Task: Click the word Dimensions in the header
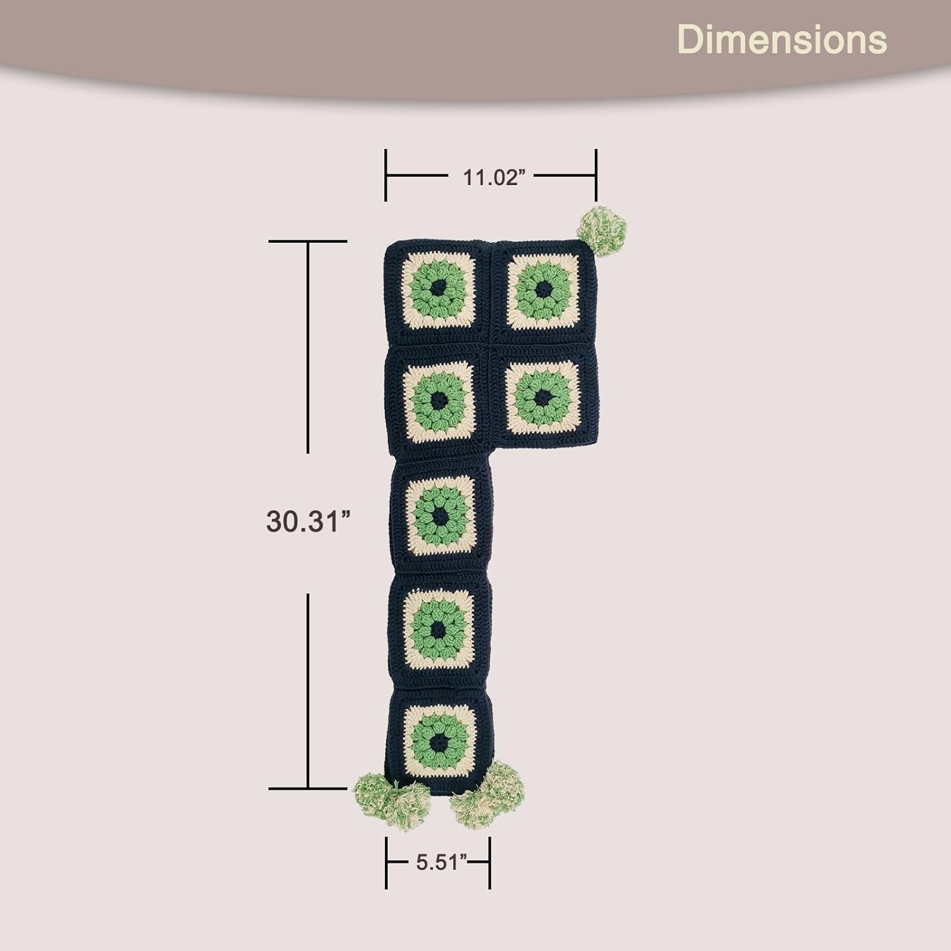tap(782, 39)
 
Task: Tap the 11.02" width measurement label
tap(495, 178)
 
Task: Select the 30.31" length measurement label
tap(308, 521)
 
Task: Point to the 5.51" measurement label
tap(443, 862)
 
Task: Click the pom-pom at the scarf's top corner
tap(602, 231)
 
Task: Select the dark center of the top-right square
tap(544, 290)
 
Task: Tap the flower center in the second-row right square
tap(543, 398)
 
